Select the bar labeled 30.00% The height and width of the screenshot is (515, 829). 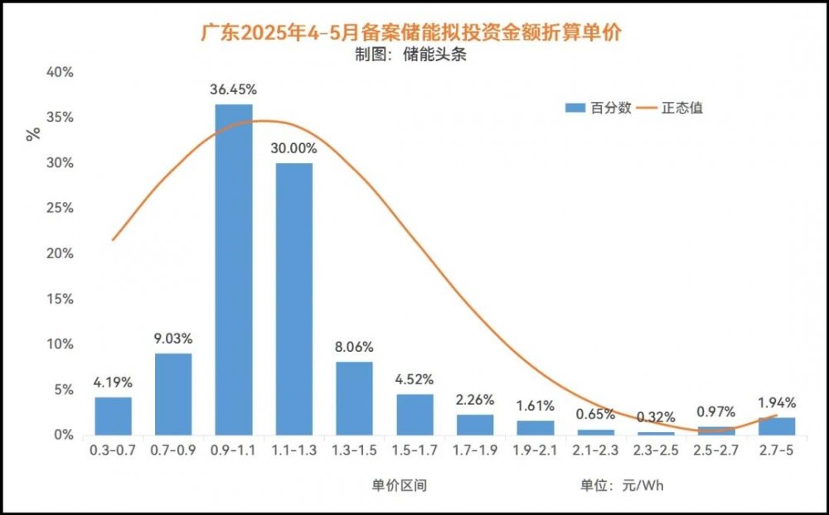pyautogui.click(x=294, y=299)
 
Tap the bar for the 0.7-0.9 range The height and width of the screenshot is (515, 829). pyautogui.click(x=173, y=393)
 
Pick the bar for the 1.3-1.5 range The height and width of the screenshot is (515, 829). pyautogui.click(x=355, y=397)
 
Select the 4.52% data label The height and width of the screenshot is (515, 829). pyautogui.click(x=414, y=379)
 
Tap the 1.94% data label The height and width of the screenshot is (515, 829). pyautogui.click(x=777, y=403)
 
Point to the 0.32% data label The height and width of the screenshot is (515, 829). pyautogui.click(x=656, y=417)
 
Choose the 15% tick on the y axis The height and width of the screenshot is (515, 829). pyautogui.click(x=61, y=299)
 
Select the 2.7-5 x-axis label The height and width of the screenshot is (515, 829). pyautogui.click(x=777, y=451)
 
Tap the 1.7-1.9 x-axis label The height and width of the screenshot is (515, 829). pyautogui.click(x=475, y=451)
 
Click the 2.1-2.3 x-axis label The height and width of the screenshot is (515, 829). pyautogui.click(x=595, y=451)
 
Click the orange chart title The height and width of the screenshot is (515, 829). pyautogui.click(x=412, y=33)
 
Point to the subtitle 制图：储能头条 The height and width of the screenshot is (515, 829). pyautogui.click(x=413, y=56)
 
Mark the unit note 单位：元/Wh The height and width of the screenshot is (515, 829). pyautogui.click(x=623, y=485)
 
